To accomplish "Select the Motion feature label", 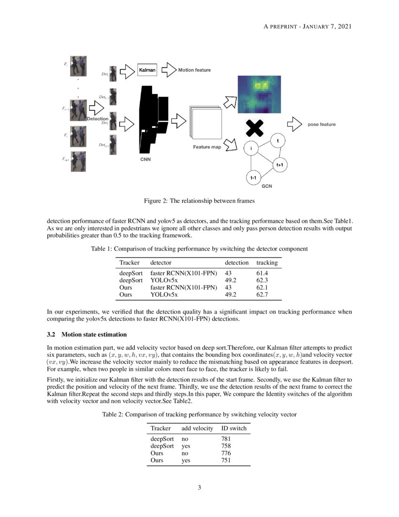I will tap(194, 70).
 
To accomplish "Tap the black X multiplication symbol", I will tap(254, 127).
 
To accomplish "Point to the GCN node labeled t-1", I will tap(253, 178).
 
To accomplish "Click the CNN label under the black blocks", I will tap(146, 159).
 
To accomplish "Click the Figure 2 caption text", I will tap(199, 201).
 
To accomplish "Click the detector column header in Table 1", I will tap(161, 262).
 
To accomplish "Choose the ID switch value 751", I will tap(226, 461).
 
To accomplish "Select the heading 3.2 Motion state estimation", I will tap(87, 335).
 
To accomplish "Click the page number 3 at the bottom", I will tap(199, 487).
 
